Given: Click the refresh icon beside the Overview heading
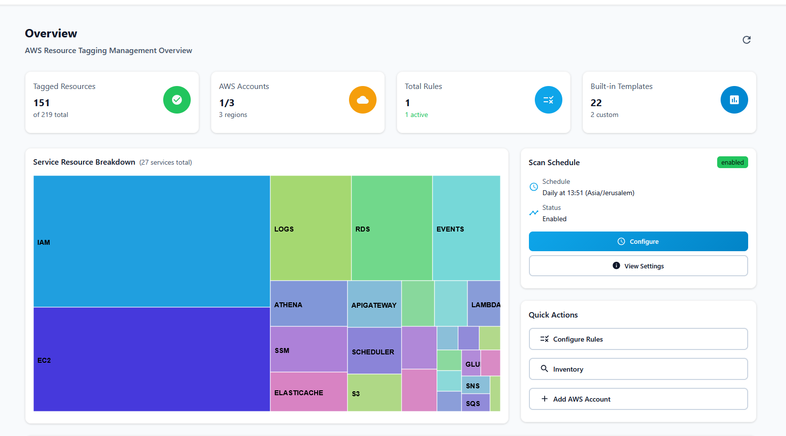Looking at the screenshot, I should pos(746,40).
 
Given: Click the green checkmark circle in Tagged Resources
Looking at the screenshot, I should pos(177,100).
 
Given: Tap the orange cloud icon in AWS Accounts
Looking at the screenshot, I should pos(363,100).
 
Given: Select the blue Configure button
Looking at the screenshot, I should pos(638,241).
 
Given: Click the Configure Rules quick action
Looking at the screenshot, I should pos(638,339).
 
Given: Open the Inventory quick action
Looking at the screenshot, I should pos(638,369).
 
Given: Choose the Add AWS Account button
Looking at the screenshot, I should pos(638,399).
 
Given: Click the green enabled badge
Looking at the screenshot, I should pos(732,163).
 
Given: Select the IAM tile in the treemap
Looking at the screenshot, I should pos(151,241).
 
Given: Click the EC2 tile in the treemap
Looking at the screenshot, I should pos(151,359).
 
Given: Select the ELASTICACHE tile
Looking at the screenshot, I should pos(308,392).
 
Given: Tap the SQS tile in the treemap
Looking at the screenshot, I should pos(475,403).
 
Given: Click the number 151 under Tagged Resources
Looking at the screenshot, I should pos(42,103).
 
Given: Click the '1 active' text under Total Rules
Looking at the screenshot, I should pos(416,115).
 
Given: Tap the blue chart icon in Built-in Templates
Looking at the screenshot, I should pos(734,100).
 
